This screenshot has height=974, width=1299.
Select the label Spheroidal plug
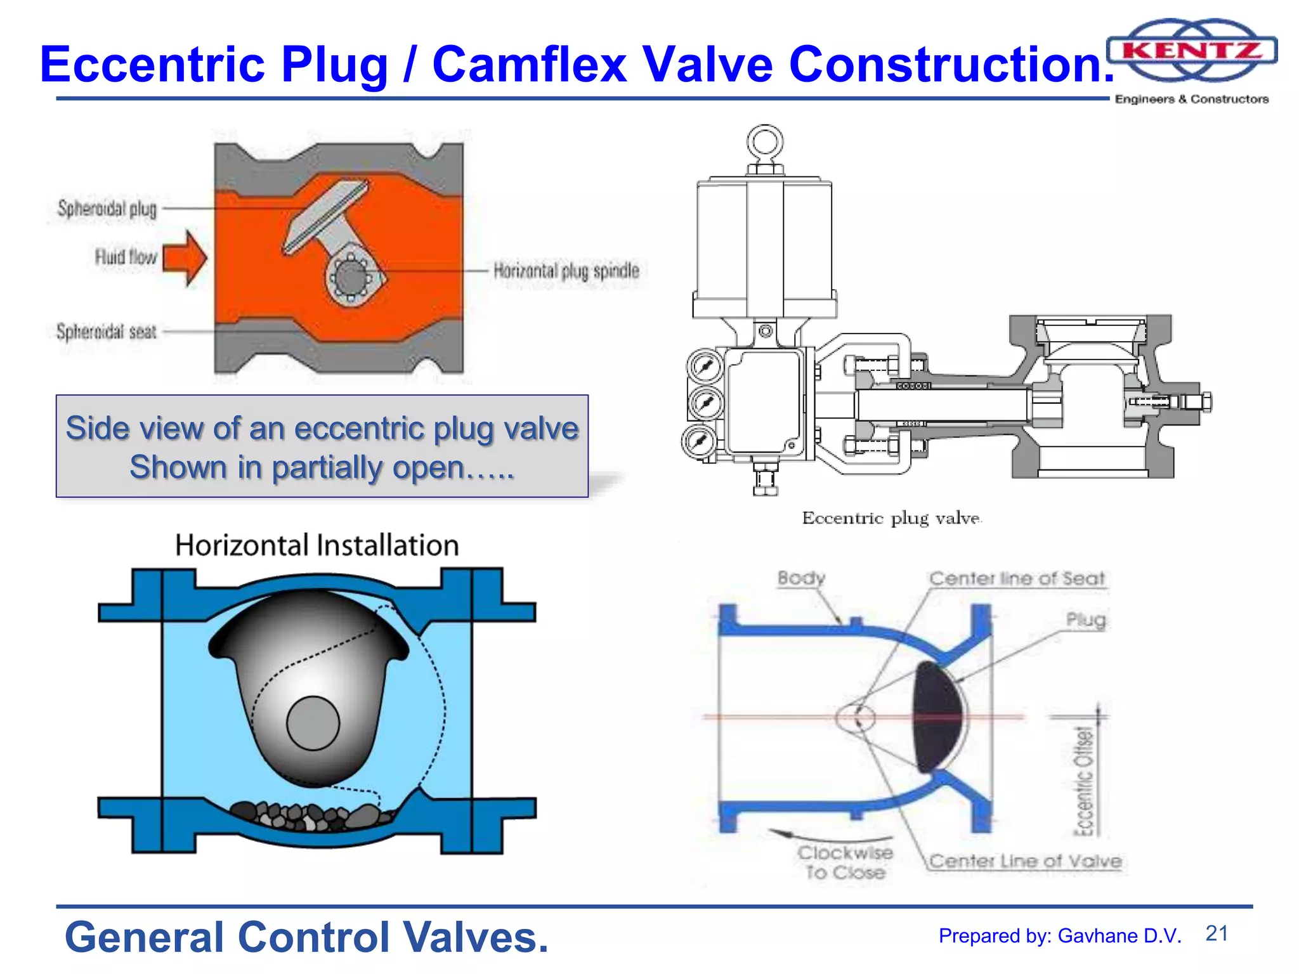(107, 209)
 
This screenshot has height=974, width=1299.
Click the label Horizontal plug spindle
(566, 271)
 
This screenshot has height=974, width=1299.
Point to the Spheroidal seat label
(106, 332)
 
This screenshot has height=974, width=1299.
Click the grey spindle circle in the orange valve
(350, 277)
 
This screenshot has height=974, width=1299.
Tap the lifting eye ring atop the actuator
(764, 142)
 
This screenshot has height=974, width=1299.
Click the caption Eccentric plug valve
(891, 518)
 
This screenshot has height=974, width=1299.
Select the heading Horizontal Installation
(317, 545)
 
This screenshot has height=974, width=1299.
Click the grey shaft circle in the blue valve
(313, 723)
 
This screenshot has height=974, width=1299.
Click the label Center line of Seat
(1017, 578)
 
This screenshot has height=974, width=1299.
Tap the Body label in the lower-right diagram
(801, 578)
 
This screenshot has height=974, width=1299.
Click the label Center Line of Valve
(1025, 861)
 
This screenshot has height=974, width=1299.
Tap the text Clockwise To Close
(845, 862)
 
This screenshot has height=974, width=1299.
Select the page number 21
(1217, 933)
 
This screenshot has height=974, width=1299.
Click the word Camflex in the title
(529, 64)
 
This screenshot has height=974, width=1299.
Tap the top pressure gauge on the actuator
(703, 366)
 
